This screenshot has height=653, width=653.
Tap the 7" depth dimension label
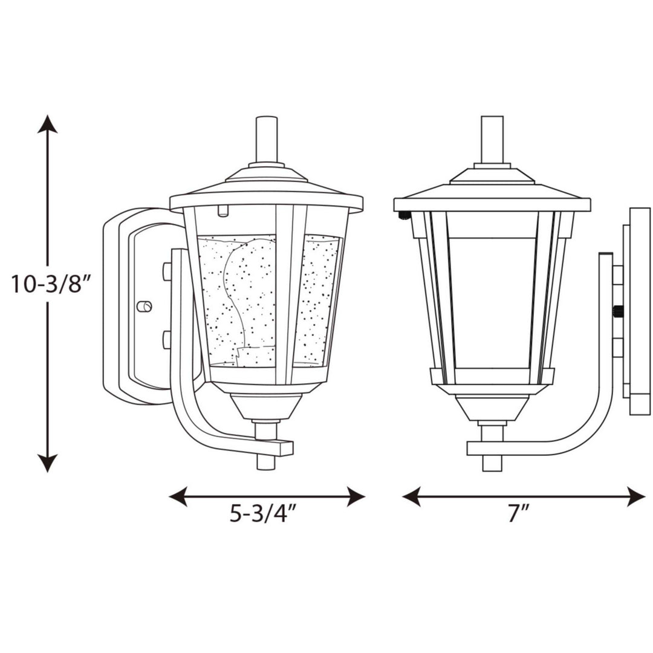(518, 514)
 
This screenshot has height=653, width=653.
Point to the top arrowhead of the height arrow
(48, 123)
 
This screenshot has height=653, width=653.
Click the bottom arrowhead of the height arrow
(48, 463)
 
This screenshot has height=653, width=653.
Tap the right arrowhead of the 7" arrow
(637, 497)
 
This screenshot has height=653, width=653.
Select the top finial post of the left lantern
(266, 139)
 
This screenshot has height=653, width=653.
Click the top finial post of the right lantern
(492, 139)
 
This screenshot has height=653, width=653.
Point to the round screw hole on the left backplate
(144, 307)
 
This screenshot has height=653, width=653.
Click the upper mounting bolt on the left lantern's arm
(167, 271)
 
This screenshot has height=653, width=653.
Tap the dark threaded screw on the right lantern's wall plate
(618, 312)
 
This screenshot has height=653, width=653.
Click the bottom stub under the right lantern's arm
(492, 463)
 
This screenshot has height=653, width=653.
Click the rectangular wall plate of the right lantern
(640, 311)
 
